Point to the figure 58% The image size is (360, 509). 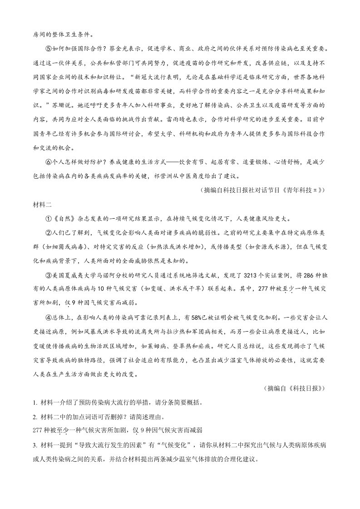tap(199, 317)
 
